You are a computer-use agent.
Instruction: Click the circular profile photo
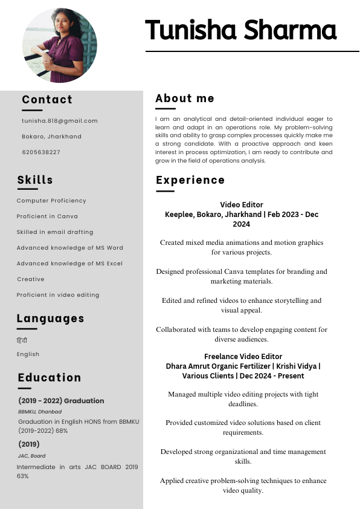[59, 46]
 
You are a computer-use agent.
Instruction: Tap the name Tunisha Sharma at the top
[240, 30]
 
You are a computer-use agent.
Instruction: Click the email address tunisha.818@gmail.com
[60, 121]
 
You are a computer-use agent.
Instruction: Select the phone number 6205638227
[41, 152]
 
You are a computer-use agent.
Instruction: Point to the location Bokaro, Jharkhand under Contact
[51, 137]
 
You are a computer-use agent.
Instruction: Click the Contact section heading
[47, 100]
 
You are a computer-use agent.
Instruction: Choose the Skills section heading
[35, 180]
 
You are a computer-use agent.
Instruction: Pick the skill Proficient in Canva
[47, 216]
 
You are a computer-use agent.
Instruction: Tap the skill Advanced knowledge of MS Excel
[69, 264]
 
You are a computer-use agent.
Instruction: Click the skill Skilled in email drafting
[55, 232]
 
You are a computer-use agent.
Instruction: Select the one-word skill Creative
[31, 279]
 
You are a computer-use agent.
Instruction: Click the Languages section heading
[50, 319]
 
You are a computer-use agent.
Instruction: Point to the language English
[28, 354]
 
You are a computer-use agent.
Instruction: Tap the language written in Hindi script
[22, 340]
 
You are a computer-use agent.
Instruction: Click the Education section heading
[50, 378]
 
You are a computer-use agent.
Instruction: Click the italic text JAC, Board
[31, 456]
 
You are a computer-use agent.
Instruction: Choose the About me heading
[185, 99]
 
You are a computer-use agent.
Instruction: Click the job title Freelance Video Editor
[243, 357]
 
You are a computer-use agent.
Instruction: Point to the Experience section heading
[190, 180]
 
